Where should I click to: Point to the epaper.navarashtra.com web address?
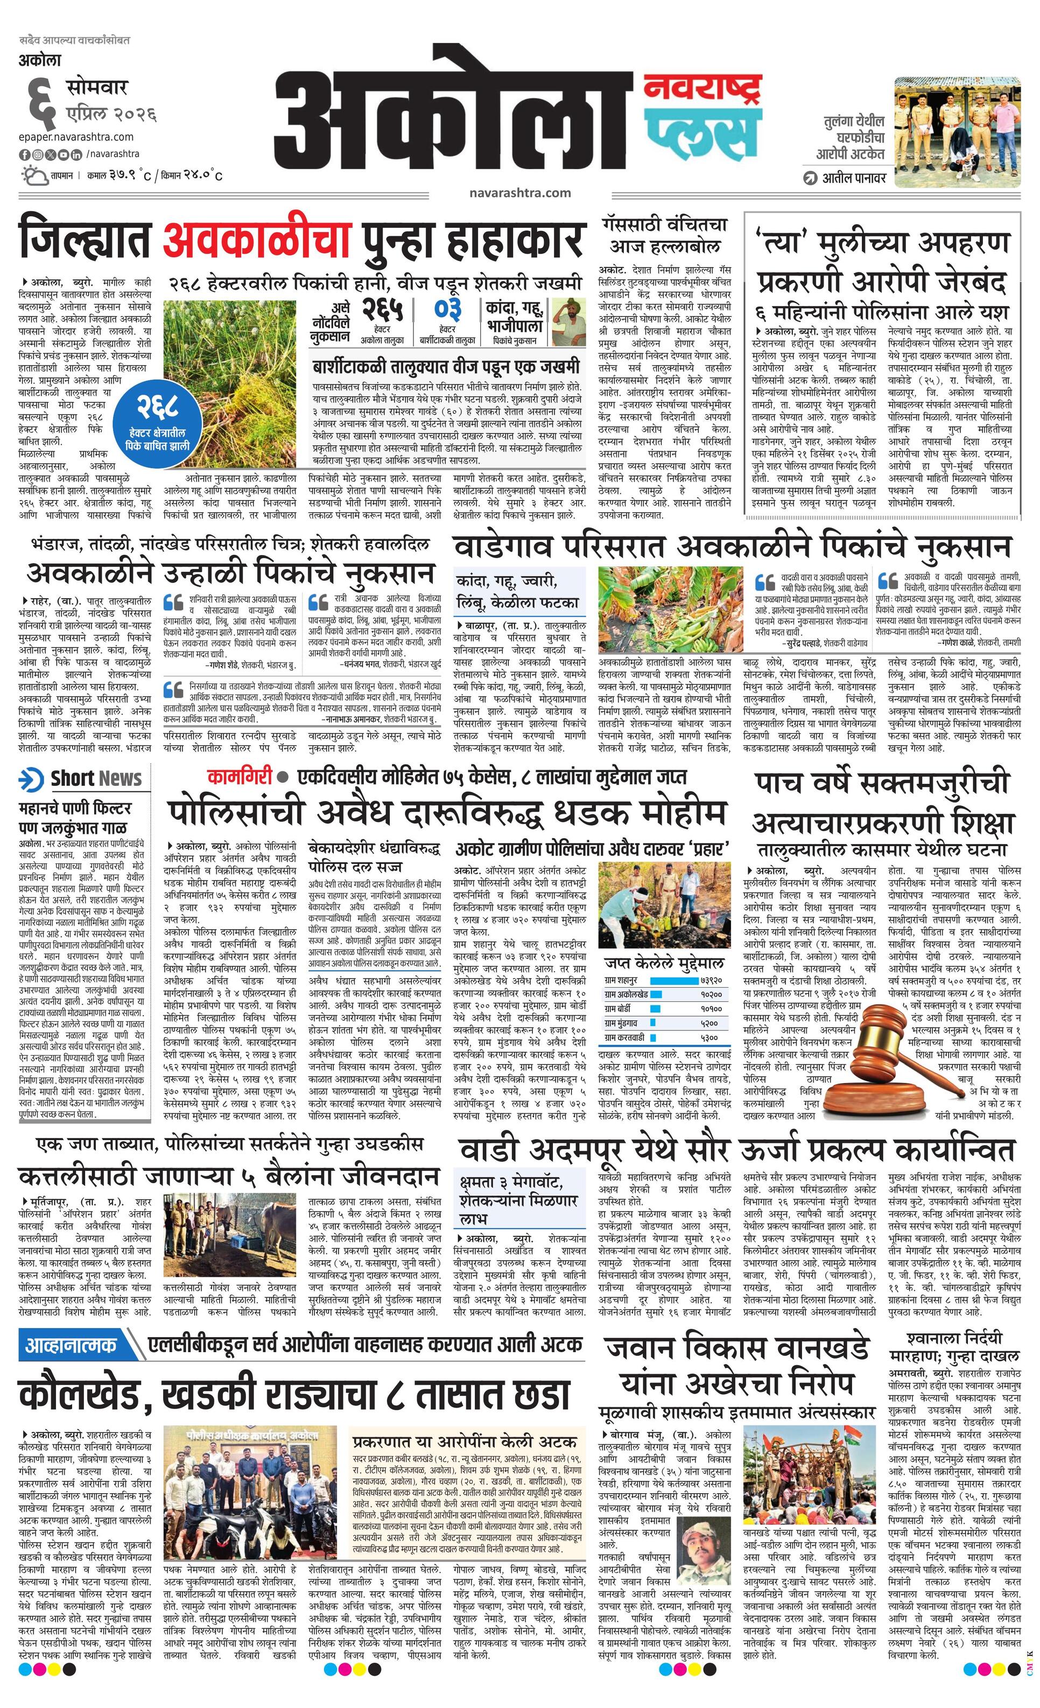coord(76,137)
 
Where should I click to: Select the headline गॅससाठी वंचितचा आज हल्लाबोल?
coord(664,236)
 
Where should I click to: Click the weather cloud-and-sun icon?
coord(34,175)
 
